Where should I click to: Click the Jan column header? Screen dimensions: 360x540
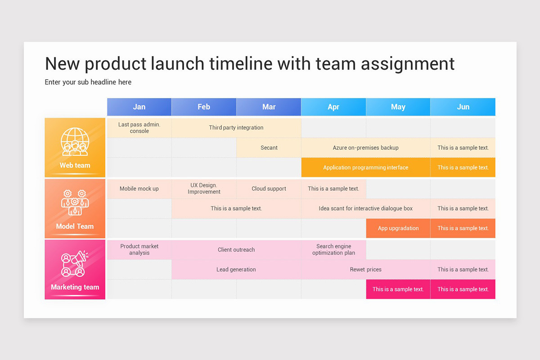point(139,107)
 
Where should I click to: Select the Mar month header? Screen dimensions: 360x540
point(269,107)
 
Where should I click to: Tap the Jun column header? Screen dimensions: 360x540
point(463,107)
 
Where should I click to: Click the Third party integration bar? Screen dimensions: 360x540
point(236,128)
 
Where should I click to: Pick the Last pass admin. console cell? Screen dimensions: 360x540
point(139,128)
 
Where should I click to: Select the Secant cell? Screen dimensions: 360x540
point(269,148)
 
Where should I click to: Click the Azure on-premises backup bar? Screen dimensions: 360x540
point(365,148)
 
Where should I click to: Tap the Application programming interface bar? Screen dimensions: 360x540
point(365,167)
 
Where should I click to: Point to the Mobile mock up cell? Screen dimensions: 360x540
point(139,189)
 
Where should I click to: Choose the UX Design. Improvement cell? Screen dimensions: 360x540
point(204,189)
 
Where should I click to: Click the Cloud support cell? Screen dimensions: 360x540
point(269,189)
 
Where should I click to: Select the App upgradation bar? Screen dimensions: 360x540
point(398,228)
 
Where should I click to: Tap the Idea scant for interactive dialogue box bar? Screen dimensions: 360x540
point(365,208)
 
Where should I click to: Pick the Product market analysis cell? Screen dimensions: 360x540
point(139,250)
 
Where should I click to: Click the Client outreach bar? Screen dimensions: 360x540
point(236,250)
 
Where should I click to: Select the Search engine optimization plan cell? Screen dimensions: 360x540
point(333,250)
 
